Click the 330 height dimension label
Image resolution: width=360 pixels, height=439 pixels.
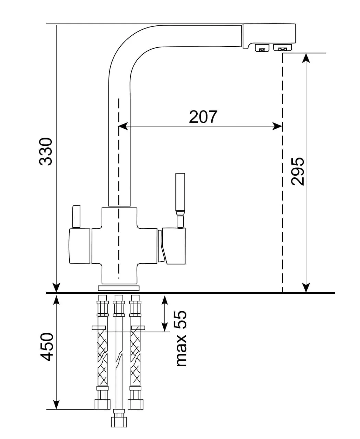[x=45, y=152]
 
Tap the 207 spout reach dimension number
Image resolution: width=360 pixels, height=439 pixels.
[x=203, y=117]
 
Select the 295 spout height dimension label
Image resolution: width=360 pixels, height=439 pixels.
[x=297, y=171]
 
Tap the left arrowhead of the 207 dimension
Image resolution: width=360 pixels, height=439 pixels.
[x=123, y=126]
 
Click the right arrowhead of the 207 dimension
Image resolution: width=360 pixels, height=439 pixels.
[x=278, y=126]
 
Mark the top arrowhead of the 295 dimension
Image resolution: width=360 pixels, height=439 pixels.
[x=306, y=58]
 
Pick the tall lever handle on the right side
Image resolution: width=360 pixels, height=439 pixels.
[x=180, y=200]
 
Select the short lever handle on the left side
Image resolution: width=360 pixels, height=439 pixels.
[x=76, y=216]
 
